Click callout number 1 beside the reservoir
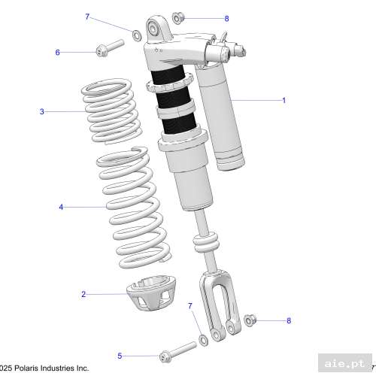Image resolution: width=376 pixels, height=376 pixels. (284, 100)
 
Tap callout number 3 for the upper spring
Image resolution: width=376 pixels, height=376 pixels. (42, 112)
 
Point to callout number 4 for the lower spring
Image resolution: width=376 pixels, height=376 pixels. (61, 206)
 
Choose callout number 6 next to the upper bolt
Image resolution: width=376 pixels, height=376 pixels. (57, 52)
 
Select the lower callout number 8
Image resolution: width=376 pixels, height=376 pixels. (288, 320)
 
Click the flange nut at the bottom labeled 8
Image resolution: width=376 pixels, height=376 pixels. (252, 320)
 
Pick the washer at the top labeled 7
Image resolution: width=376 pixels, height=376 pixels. (135, 35)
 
